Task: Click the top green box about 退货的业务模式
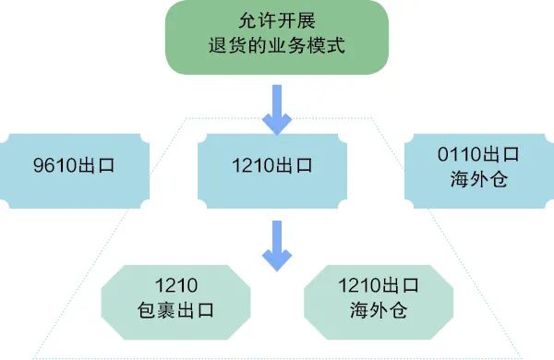pyautogui.click(x=276, y=37)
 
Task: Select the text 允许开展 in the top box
pyautogui.click(x=276, y=21)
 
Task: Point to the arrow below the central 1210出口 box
pyautogui.click(x=276, y=244)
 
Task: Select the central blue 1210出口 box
pyautogui.click(x=276, y=167)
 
